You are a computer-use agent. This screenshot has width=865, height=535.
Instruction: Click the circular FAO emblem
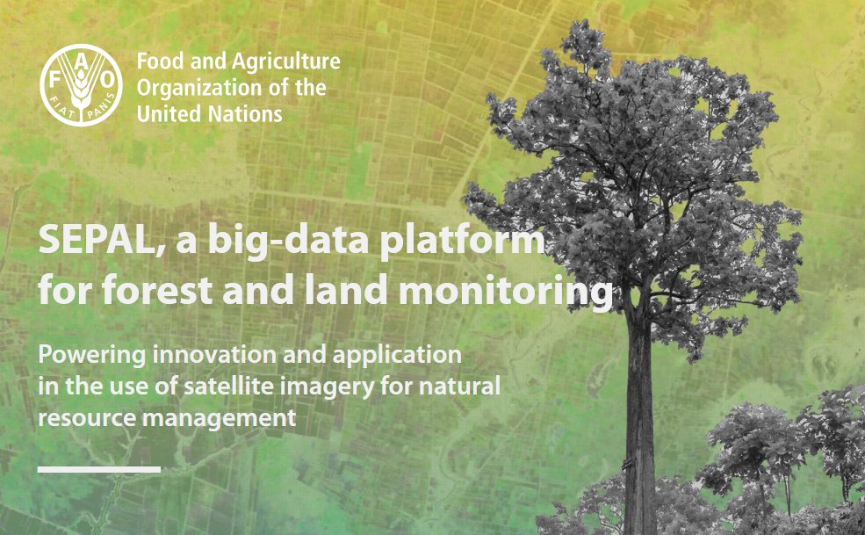(82, 84)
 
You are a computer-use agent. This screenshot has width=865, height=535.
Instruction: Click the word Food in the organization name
(157, 62)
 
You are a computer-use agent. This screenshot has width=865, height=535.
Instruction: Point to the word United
(165, 114)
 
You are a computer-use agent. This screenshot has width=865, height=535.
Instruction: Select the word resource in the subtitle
(76, 418)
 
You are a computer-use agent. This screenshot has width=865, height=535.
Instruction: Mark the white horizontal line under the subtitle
(98, 469)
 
